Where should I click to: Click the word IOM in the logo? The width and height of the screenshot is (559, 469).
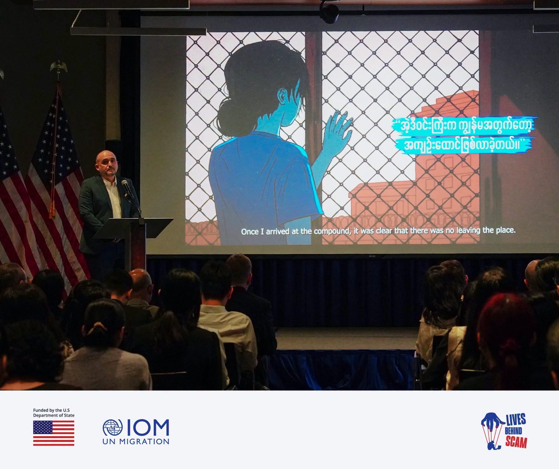point(148,428)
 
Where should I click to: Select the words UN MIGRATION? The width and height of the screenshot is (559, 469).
point(136,441)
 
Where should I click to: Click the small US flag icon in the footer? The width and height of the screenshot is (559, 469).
point(53,433)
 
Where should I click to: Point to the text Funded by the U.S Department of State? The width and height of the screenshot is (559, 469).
point(54,413)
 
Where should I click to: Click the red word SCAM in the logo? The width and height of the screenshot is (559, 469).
point(516,442)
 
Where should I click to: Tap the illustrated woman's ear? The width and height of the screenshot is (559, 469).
point(283,96)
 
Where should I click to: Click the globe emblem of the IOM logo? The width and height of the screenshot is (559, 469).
point(112,427)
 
